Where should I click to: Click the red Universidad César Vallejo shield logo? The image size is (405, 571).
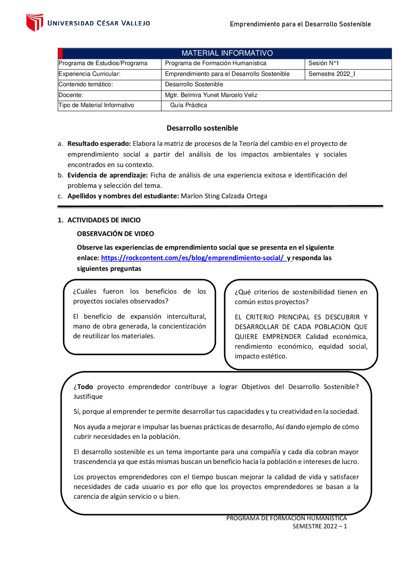tap(34, 22)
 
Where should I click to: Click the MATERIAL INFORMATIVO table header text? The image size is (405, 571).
tap(227, 53)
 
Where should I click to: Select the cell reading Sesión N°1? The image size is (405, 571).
tap(323, 63)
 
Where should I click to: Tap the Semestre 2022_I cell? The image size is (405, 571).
tap(331, 74)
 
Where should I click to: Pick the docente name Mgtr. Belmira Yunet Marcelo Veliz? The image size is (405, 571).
tap(211, 95)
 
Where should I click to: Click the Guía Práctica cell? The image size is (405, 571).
tap(188, 105)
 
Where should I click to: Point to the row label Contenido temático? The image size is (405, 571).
tap(86, 84)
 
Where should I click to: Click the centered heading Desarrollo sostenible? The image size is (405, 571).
tap(202, 128)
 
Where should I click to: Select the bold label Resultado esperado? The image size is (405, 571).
tap(99, 144)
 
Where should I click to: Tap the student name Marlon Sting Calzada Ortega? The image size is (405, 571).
tap(224, 196)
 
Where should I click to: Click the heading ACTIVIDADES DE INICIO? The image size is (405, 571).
tap(104, 220)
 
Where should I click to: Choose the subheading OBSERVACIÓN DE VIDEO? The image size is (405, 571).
tap(115, 234)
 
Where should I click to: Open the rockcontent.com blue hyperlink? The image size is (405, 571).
tap(192, 258)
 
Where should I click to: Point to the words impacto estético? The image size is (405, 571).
tap(260, 356)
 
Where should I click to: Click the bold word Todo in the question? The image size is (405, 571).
tap(85, 387)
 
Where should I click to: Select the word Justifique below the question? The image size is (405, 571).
tap(88, 397)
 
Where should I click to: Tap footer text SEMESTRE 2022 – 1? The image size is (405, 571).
tap(320, 526)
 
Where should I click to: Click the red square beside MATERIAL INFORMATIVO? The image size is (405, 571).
tap(60, 53)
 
